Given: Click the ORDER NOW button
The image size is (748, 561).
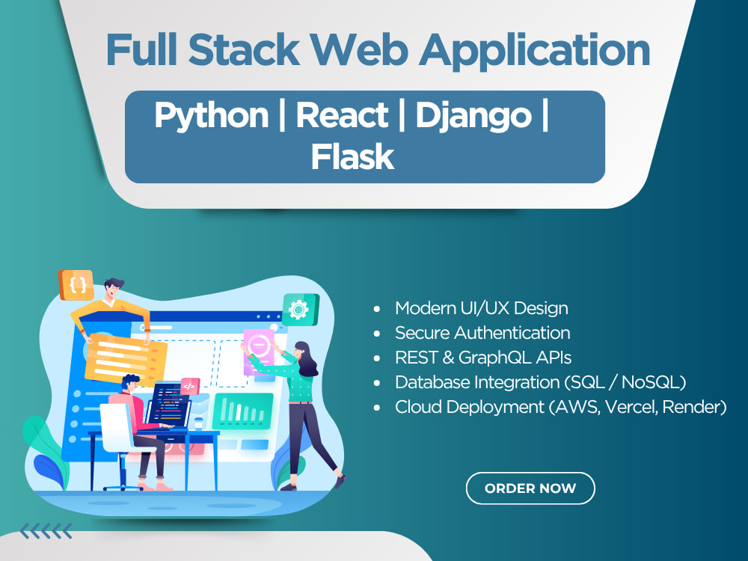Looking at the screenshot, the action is [530, 488].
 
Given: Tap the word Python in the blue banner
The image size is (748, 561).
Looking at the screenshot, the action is [212, 116].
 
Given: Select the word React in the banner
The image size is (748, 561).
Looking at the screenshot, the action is [342, 115].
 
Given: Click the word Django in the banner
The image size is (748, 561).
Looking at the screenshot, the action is [473, 116].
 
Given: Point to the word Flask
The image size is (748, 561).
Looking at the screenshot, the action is [352, 157].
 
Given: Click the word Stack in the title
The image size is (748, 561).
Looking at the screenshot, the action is [244, 49].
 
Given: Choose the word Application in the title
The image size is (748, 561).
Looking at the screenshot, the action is [534, 51].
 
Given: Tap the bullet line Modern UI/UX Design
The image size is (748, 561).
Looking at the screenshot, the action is [481, 308].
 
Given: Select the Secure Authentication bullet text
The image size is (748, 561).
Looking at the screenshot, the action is [482, 333].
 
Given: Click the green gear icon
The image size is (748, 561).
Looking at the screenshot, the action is [300, 310].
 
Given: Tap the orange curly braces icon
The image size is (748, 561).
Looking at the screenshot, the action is [76, 285].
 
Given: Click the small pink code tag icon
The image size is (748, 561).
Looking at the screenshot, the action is [189, 386].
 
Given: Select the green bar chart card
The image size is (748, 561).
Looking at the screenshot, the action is [243, 411].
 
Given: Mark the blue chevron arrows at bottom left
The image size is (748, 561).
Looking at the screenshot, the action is [46, 530].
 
